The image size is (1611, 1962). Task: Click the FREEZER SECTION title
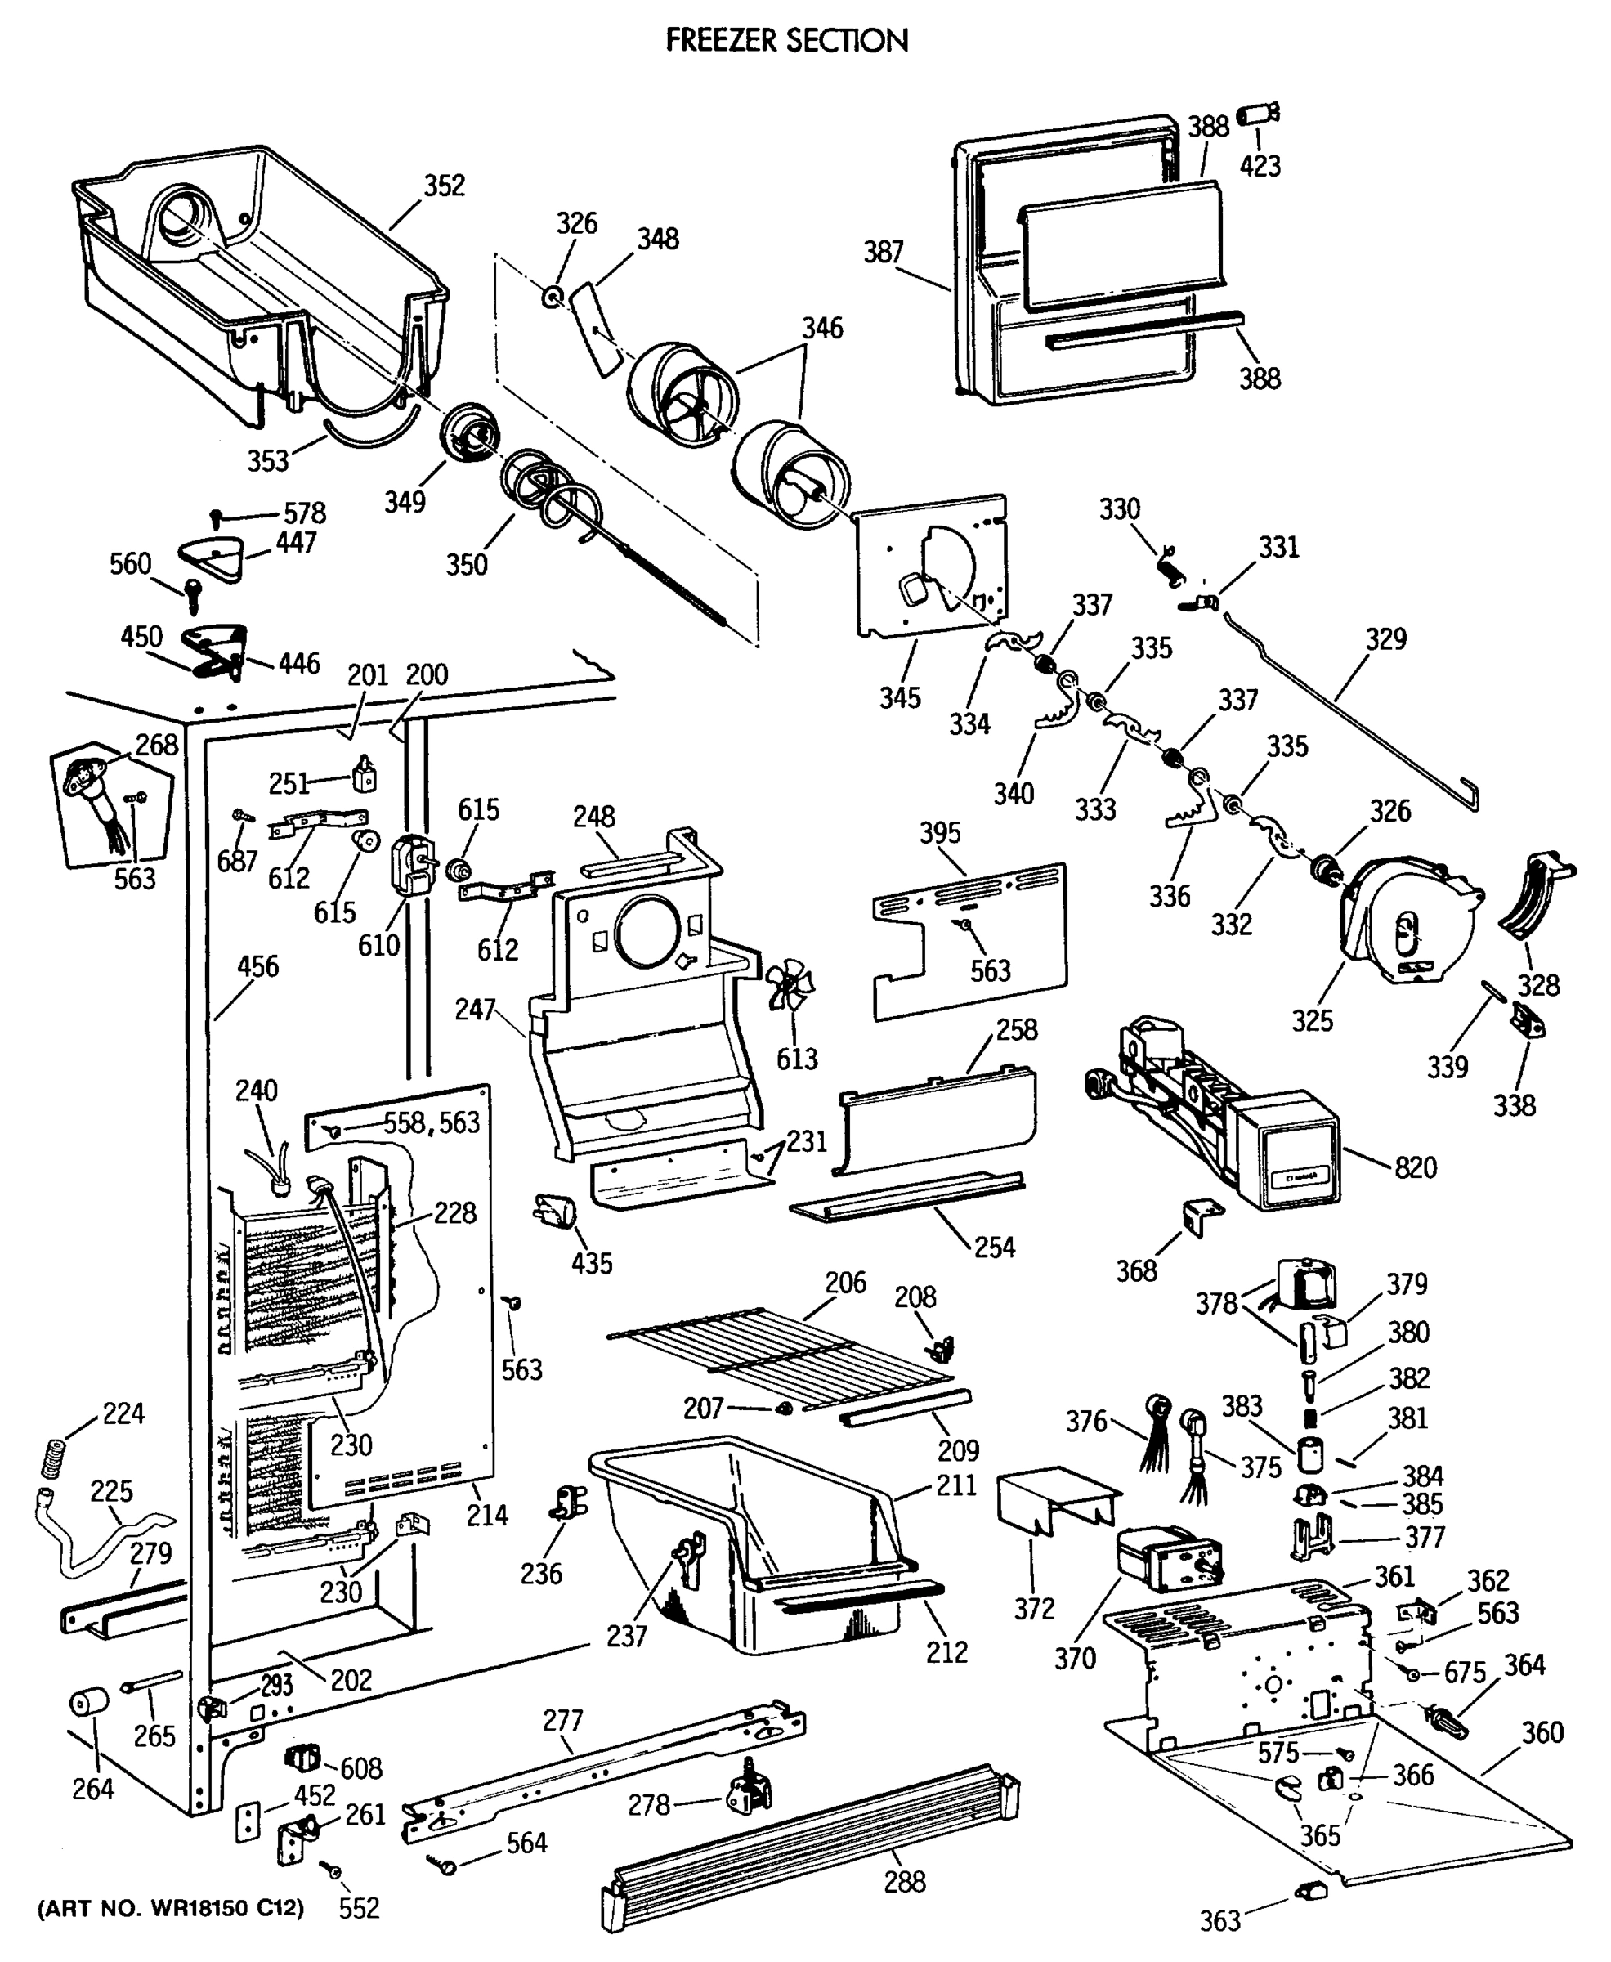(x=787, y=40)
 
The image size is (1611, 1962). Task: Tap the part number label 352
(x=444, y=186)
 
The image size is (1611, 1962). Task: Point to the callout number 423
(x=1260, y=165)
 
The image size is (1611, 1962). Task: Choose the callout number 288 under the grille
(x=904, y=1881)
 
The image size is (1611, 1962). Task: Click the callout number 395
(x=939, y=832)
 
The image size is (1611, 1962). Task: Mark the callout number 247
(x=474, y=1010)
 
